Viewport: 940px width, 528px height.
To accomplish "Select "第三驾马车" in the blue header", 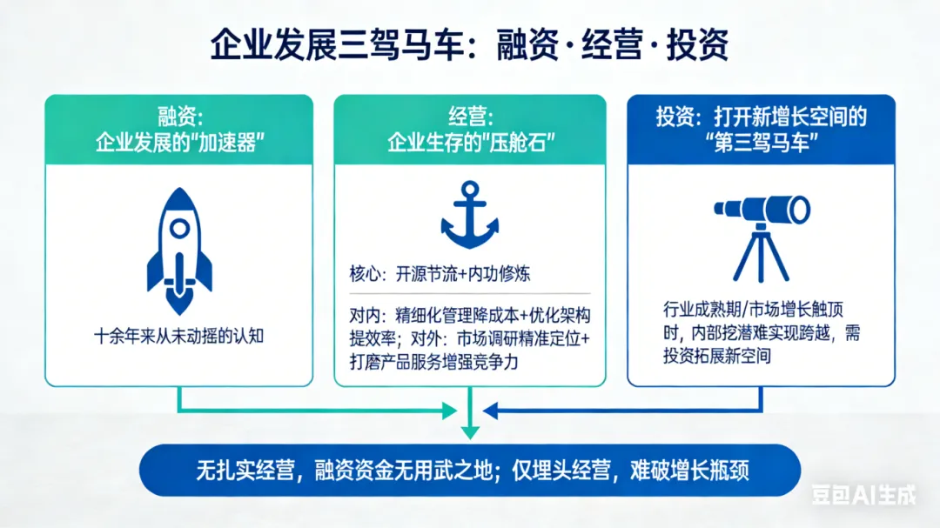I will tap(761, 142).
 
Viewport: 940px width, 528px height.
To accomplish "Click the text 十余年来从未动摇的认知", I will tap(178, 336).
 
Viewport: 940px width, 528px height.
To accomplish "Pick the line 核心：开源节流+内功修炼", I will tap(439, 274).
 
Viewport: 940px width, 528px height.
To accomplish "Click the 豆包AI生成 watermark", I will tap(864, 495).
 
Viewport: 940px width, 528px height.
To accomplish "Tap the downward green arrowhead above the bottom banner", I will tap(470, 431).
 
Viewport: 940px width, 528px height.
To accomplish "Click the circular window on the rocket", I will tap(178, 228).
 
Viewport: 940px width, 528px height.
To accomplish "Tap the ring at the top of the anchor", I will tap(470, 189).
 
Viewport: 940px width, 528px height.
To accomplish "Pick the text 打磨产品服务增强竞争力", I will tap(433, 362).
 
